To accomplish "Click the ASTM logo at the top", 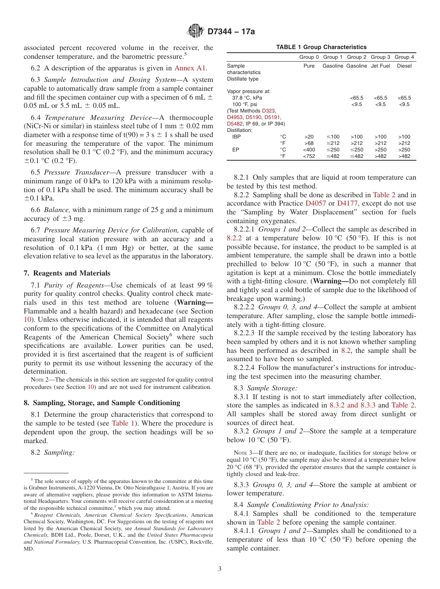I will [x=195, y=31].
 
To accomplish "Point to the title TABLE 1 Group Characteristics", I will [x=321, y=47].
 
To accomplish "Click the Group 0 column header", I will [x=309, y=57].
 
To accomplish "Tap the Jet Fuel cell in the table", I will [x=380, y=66].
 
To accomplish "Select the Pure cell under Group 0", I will [x=309, y=66].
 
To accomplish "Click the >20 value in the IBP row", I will [x=309, y=137].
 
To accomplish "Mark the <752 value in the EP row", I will [x=309, y=157].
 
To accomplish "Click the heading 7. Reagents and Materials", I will [x=67, y=273].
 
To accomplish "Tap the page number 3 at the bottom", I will [x=220, y=569].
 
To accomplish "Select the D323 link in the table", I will [x=268, y=111].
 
